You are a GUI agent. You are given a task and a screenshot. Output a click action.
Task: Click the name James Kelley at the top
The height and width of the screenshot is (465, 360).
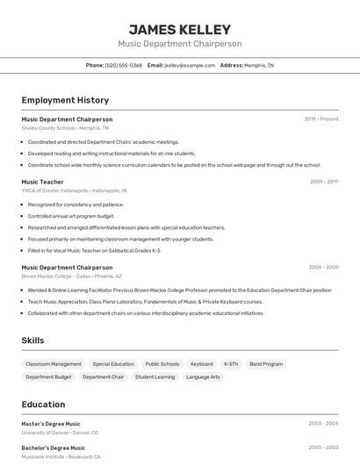pyautogui.click(x=179, y=30)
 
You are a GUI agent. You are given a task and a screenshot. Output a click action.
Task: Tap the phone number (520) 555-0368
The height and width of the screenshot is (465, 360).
pyautogui.click(x=123, y=65)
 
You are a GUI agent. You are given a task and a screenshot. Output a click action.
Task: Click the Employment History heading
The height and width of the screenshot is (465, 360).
pyautogui.click(x=65, y=100)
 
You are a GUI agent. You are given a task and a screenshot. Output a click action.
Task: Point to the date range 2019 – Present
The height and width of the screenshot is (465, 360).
pyautogui.click(x=321, y=119)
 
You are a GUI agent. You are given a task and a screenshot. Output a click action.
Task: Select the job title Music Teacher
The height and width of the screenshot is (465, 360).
pyautogui.click(x=43, y=182)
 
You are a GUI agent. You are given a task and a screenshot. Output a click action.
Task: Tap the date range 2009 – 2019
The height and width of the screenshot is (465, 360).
pyautogui.click(x=323, y=182)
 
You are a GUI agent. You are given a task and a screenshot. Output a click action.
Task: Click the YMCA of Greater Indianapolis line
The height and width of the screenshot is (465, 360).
pyautogui.click(x=74, y=190)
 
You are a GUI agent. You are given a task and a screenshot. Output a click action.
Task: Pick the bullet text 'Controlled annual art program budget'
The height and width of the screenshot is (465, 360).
pyautogui.click(x=71, y=216)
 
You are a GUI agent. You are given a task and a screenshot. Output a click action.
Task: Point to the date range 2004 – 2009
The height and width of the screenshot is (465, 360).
pyautogui.click(x=323, y=267)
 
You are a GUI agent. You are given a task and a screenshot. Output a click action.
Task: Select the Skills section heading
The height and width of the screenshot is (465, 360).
pyautogui.click(x=32, y=340)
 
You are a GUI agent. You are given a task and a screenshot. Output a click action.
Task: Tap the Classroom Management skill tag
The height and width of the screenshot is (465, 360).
pyautogui.click(x=54, y=364)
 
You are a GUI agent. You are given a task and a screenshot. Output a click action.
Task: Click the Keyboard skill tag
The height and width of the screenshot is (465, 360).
pyautogui.click(x=201, y=364)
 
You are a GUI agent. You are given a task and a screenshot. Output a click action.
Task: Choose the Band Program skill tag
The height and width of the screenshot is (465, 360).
pyautogui.click(x=266, y=364)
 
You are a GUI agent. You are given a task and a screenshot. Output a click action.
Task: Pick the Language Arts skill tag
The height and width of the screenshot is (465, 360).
pyautogui.click(x=203, y=377)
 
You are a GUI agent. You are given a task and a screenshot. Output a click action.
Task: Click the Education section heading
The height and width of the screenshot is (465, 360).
pyautogui.click(x=43, y=404)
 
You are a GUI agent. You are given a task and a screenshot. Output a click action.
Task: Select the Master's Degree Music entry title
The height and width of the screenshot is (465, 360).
pyautogui.click(x=51, y=424)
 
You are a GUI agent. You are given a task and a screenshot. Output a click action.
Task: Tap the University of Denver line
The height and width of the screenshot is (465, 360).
pyautogui.click(x=60, y=433)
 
